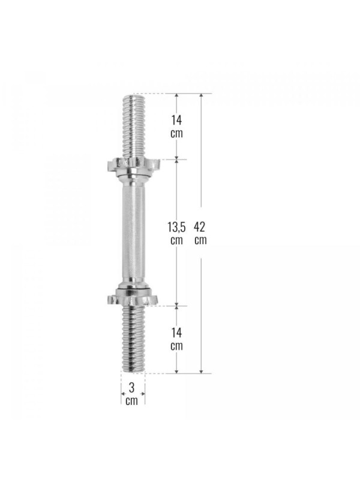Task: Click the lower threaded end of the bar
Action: (133, 339)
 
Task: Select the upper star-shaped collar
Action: (133, 166)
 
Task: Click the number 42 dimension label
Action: (200, 227)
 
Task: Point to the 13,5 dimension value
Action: (176, 227)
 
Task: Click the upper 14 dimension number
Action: (176, 120)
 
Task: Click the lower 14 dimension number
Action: (176, 332)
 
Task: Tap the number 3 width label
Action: (131, 388)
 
